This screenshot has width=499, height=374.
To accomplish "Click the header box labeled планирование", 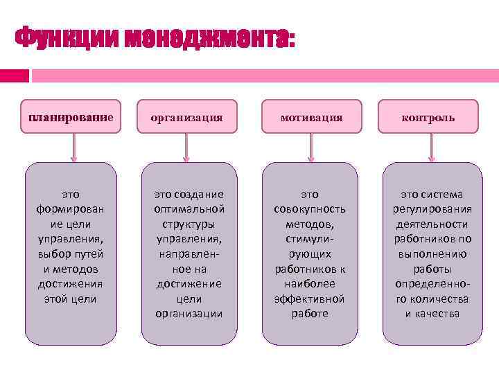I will click(x=70, y=116).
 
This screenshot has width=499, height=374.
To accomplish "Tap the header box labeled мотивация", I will click(x=311, y=117).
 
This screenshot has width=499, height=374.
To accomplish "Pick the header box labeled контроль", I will click(x=428, y=117).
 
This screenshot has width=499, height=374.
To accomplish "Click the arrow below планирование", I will click(x=73, y=148).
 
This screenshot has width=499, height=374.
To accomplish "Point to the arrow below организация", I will click(x=186, y=148).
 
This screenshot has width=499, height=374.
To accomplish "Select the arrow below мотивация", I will click(x=311, y=148).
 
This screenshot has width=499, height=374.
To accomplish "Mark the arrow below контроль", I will click(x=432, y=148).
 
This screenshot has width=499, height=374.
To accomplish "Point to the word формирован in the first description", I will click(x=69, y=209).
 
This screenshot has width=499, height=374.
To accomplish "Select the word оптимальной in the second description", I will click(x=189, y=209).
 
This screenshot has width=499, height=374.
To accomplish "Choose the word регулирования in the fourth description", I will click(x=432, y=209).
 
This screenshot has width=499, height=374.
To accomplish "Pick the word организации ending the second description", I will click(x=189, y=313).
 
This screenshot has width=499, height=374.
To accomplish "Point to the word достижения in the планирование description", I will click(x=70, y=283).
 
